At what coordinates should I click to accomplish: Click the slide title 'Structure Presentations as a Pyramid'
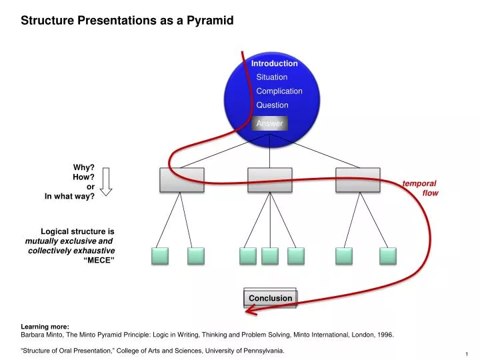(x=127, y=21)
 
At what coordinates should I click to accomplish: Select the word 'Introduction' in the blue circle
(x=274, y=63)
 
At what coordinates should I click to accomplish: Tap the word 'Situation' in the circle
(x=272, y=77)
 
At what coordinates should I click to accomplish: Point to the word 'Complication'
(x=279, y=91)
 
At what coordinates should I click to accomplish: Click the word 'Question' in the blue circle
(x=272, y=105)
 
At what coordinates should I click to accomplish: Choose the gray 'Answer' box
(x=270, y=123)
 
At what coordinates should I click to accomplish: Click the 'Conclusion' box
(x=270, y=298)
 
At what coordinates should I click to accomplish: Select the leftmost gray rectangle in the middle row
(x=181, y=179)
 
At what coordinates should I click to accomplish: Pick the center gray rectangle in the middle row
(x=270, y=179)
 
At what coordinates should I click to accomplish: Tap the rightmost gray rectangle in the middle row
(x=358, y=179)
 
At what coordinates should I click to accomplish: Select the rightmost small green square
(x=388, y=255)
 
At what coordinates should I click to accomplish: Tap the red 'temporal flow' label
(x=421, y=188)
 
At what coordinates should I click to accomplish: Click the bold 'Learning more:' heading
(x=45, y=327)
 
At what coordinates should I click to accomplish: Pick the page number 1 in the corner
(x=467, y=353)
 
